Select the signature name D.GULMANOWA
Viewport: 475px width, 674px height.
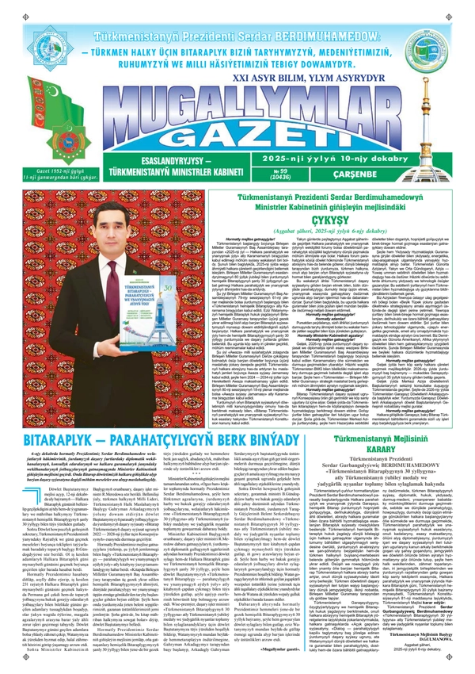[x=437, y=636]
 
